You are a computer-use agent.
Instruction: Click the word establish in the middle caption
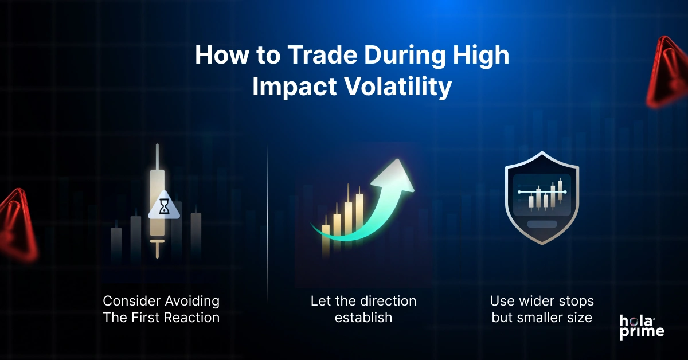click(x=363, y=317)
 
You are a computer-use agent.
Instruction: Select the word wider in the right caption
click(x=537, y=301)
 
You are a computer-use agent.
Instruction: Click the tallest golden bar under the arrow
click(x=359, y=215)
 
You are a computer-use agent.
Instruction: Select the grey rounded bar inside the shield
click(x=541, y=224)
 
